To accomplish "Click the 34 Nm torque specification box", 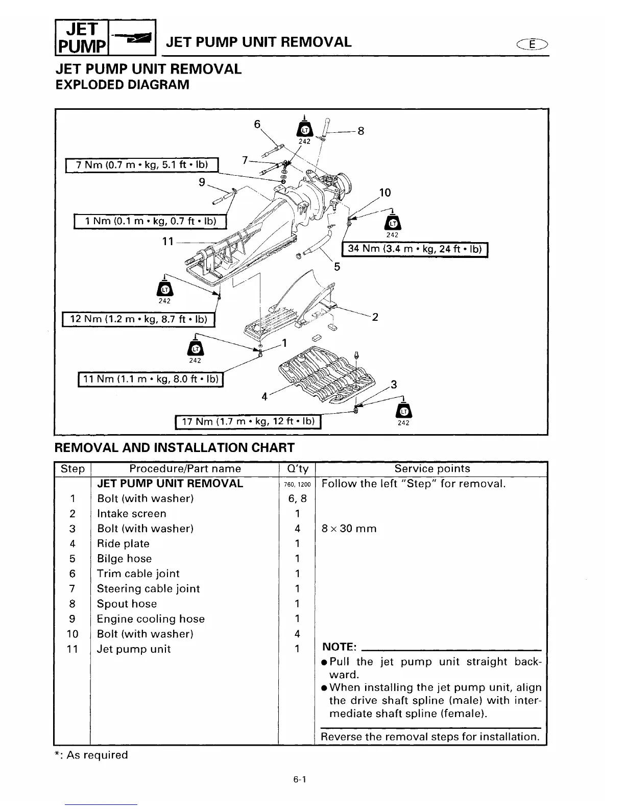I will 415,249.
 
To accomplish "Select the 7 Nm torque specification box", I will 142,165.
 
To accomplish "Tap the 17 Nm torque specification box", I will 248,421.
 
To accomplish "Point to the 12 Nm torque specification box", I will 139,319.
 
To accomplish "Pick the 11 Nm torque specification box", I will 151,379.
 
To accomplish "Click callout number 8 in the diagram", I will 360,131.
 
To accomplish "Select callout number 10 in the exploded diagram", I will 385,193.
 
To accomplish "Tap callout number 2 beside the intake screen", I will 375,317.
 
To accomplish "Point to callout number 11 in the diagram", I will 168,241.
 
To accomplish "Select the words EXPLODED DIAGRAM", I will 122,84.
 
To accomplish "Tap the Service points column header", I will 432,468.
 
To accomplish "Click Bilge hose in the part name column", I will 124,559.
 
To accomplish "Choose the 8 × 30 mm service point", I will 349,529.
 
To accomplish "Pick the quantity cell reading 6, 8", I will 297,498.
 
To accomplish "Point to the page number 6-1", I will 299,780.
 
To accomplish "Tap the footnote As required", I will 92,755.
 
